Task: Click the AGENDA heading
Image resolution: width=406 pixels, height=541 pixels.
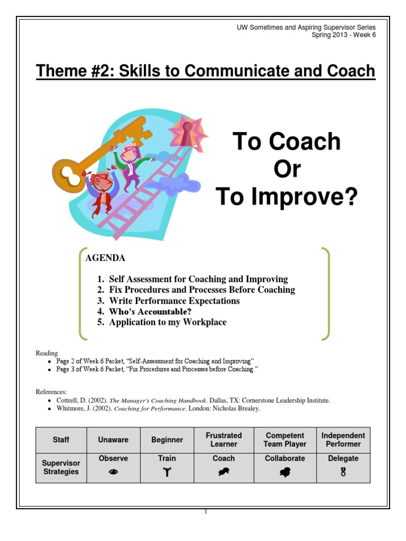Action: coord(105,258)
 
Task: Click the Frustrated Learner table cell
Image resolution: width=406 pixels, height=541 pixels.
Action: coord(224,440)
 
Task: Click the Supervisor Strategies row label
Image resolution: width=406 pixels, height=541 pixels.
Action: coord(61,467)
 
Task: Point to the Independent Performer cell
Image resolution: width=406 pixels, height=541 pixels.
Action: coord(343,440)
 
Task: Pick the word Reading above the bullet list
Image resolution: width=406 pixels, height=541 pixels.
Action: coord(47,353)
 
